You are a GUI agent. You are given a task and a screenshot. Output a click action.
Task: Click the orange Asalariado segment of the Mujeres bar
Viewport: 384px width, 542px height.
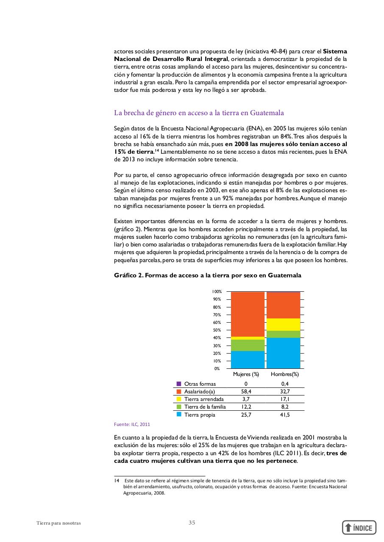248,314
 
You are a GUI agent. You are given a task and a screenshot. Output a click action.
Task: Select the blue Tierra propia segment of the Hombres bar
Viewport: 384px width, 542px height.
284,353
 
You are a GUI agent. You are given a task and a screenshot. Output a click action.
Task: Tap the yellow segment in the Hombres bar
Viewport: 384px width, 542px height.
284,324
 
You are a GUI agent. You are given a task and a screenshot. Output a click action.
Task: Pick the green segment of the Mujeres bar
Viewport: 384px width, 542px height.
248,345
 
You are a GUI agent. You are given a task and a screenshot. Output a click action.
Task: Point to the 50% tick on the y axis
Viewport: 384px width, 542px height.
217,330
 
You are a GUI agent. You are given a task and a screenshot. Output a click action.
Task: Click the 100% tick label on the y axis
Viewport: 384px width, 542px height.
217,292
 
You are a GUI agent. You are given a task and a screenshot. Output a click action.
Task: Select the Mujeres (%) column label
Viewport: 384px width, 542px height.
246,374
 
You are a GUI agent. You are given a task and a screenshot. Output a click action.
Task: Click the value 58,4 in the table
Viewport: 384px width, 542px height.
246,392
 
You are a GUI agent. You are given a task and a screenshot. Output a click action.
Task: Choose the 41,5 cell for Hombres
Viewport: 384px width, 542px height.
285,415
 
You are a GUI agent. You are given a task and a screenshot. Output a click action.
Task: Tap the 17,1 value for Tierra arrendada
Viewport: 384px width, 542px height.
285,399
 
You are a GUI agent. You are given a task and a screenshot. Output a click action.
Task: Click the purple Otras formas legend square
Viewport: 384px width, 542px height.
179,384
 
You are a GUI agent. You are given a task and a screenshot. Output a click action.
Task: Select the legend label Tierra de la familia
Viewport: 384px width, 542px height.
205,407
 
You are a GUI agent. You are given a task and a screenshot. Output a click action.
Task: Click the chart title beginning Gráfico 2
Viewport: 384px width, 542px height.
207,275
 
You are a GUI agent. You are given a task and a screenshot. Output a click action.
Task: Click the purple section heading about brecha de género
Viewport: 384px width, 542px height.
199,113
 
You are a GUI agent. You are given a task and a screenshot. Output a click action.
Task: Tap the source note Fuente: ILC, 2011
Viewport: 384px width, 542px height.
132,424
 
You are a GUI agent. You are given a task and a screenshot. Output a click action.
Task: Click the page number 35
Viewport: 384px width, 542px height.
192,523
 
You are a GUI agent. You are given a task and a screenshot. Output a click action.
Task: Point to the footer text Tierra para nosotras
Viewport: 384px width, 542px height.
58,523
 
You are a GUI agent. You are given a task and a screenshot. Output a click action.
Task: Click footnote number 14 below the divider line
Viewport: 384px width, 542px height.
116,481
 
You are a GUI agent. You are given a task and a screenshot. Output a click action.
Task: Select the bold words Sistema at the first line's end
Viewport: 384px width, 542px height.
335,51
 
